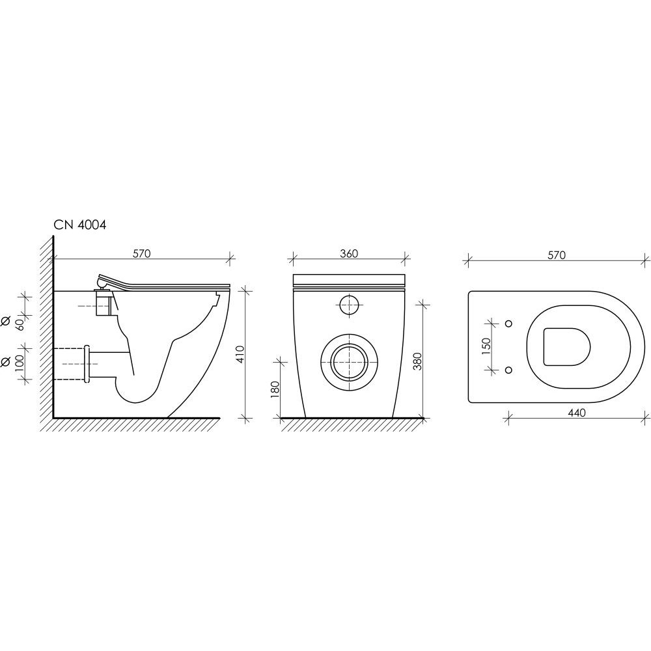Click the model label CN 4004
pos(79,225)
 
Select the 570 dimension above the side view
pos(141,253)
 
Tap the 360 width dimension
pos(349,253)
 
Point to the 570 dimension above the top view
pos(557,255)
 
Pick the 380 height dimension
pos(418,361)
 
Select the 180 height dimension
pos(275,389)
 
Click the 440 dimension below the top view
pos(577,413)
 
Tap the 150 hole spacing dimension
pos(486,346)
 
